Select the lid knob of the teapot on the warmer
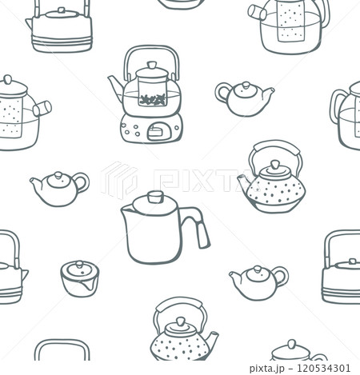tap(152, 66)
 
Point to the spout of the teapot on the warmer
tap(116, 86)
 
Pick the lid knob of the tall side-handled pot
tap(155, 197)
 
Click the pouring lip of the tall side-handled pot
tap(126, 209)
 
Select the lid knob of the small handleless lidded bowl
tap(79, 265)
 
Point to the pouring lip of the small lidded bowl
tap(87, 287)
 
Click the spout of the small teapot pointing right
tap(268, 92)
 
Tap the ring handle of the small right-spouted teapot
tap(222, 93)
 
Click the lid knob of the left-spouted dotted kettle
tap(275, 165)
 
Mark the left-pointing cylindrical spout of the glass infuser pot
tap(257, 12)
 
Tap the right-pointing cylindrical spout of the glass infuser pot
tap(42, 109)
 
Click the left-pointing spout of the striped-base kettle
tap(29, 23)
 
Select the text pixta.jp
tap(267, 369)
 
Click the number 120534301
tap(323, 368)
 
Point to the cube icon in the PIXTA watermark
tap(119, 181)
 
